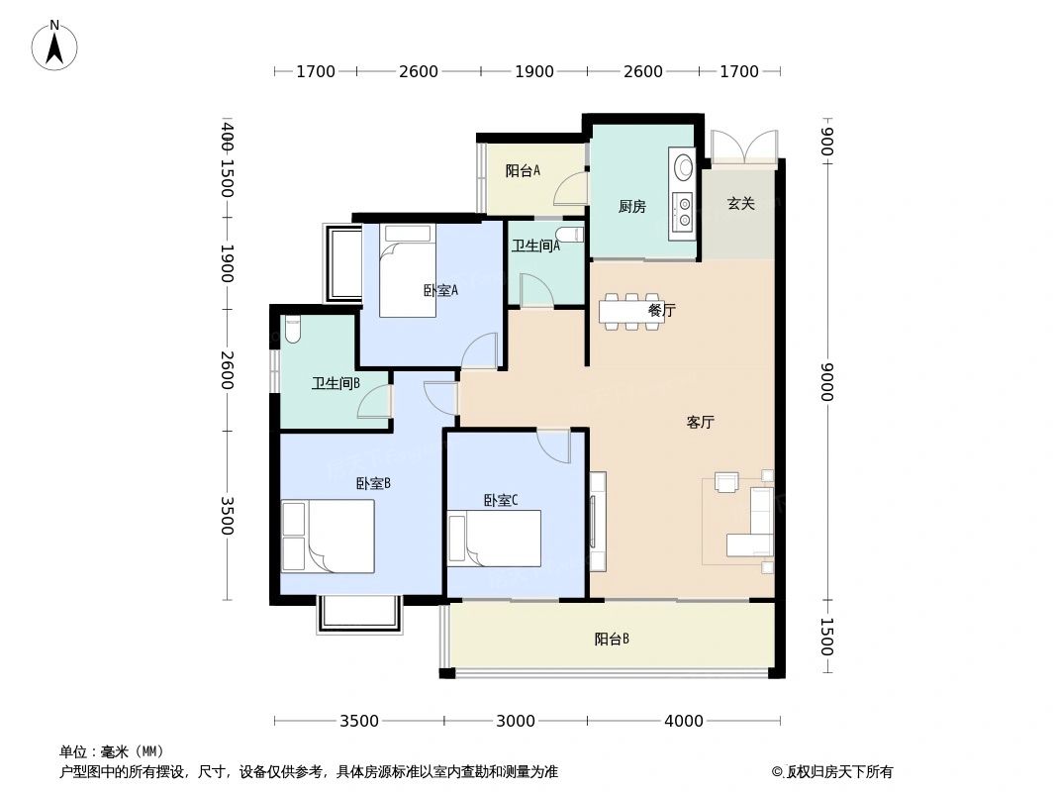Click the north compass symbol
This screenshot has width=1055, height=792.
[54, 46]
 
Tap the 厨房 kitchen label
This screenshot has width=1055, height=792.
[631, 207]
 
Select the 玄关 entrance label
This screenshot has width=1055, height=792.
[740, 204]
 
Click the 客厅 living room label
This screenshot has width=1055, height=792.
[700, 422]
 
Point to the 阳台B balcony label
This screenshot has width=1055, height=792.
[612, 639]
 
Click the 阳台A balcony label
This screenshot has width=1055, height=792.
[523, 170]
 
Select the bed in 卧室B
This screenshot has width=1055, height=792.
[328, 536]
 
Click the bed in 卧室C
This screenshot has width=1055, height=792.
[494, 538]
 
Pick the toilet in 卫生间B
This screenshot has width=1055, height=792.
[292, 329]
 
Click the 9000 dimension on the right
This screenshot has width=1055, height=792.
[827, 382]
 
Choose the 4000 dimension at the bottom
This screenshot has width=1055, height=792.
[683, 721]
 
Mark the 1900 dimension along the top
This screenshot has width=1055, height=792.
[533, 71]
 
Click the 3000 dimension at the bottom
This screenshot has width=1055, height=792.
[515, 721]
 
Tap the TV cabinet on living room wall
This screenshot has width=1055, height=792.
[598, 521]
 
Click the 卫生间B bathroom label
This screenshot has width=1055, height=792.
[336, 383]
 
